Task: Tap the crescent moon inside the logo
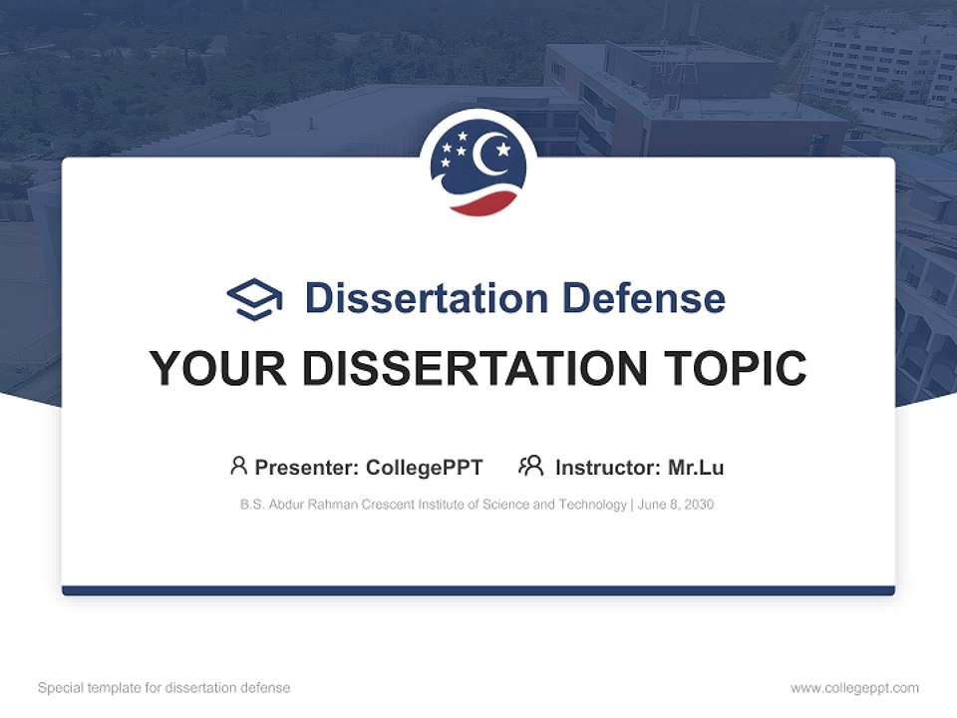point(487,155)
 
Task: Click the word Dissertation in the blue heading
point(427,298)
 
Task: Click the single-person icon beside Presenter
point(238,466)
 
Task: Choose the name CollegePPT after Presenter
point(425,468)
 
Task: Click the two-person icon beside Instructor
point(531,466)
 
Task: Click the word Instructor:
point(607,468)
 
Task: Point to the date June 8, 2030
point(675,505)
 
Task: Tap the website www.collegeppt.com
point(854,688)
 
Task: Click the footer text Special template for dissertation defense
point(163,688)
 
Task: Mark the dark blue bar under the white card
point(478,590)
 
